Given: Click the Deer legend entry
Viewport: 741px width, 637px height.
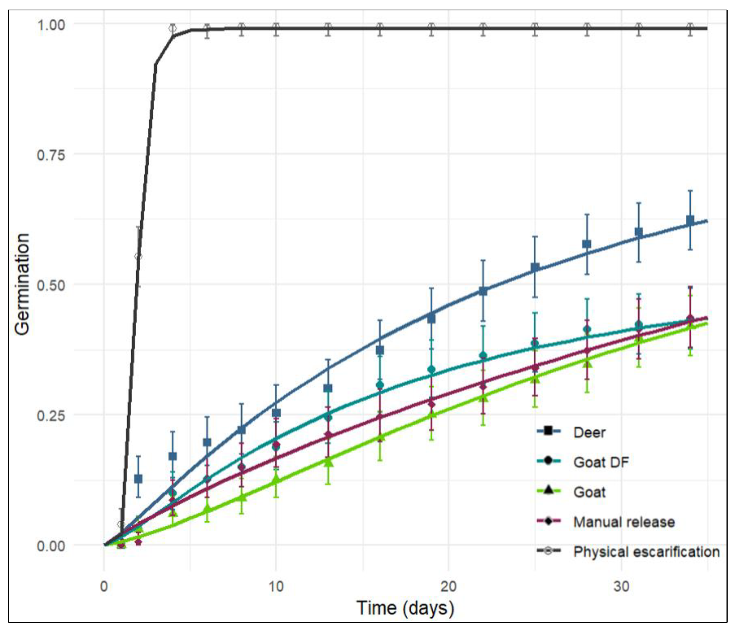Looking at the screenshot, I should pos(589,433).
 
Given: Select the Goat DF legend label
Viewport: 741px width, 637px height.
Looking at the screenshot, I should pos(601,463).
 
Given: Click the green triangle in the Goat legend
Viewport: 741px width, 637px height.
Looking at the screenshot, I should pos(548,490).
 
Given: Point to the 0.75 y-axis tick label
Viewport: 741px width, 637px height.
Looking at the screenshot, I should pos(51,155).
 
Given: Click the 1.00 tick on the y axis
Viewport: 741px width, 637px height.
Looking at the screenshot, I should pos(51,25).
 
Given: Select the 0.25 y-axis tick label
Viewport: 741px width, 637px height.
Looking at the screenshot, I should pos(51,416).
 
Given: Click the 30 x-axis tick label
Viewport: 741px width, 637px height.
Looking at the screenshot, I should pos(621,587).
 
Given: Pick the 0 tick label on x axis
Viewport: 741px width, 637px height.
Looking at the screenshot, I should pos(104,587).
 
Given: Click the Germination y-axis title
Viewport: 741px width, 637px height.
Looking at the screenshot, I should pos(22,285).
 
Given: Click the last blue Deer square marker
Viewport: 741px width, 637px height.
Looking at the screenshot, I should pos(690,221).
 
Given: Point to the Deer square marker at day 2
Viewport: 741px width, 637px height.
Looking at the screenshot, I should pos(138,479).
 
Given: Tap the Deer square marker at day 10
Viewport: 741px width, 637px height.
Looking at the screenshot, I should pos(276,413).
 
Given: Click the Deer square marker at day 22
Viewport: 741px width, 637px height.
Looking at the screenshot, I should pos(483,291).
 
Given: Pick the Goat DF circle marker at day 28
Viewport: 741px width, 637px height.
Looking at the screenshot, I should pos(587,329).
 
